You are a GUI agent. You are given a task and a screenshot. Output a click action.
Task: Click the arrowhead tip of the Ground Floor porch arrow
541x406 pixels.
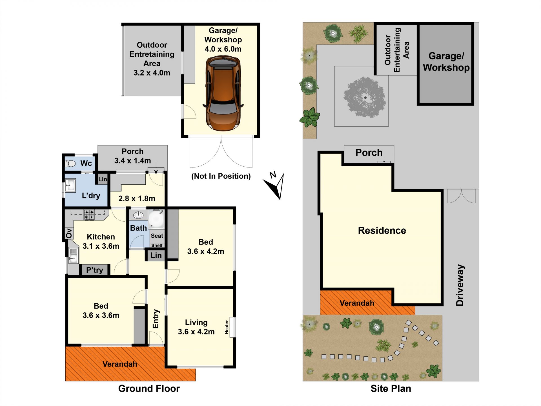coord(156,174)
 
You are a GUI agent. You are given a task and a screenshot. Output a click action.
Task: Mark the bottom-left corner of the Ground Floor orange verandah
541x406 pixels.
coord(65,381)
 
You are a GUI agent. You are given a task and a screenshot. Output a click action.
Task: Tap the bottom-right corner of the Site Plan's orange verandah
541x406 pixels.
coord(415,315)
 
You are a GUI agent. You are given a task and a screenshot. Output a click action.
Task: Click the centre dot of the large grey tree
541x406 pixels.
coord(365,98)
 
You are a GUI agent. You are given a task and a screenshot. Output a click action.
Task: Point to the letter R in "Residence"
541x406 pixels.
coord(361,230)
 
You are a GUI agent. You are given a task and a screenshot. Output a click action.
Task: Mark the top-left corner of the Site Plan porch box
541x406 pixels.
coord(344,145)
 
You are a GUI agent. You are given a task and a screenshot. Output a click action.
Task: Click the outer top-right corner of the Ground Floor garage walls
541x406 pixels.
coord(259,23)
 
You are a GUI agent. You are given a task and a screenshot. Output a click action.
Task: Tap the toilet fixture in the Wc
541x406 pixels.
coord(70,163)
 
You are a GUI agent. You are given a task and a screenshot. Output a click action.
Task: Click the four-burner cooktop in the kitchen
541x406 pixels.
coord(89,215)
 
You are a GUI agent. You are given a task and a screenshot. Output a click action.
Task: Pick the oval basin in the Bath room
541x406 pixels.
coord(138,215)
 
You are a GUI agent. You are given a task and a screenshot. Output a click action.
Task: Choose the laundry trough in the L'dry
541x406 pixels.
coord(70,186)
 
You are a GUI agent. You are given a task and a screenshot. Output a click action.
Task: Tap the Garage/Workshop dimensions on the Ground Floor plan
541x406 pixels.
coord(223,49)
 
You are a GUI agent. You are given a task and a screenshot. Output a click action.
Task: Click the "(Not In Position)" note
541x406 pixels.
coord(221,176)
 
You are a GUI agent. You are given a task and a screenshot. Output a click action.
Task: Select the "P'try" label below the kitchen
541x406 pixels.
coord(94,270)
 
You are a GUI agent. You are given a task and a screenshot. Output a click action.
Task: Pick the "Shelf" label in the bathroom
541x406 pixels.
coord(157,246)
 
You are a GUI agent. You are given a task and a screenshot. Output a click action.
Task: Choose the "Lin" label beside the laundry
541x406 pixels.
coord(103,179)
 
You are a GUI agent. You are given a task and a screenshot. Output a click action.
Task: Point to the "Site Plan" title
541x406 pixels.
coord(391,389)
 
